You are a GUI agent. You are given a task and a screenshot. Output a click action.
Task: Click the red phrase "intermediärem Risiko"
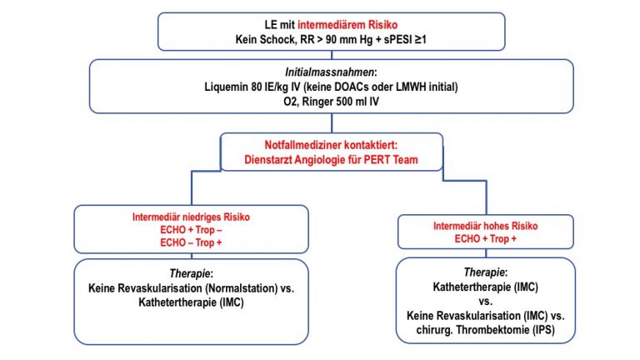coord(347,25)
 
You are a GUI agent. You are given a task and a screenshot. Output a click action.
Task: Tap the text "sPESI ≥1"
coord(405,40)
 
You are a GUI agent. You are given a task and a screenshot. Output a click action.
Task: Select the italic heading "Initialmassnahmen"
coord(329,72)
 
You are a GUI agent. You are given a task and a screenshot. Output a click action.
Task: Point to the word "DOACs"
coord(353,87)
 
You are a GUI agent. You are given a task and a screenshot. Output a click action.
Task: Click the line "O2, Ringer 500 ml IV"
coord(331,102)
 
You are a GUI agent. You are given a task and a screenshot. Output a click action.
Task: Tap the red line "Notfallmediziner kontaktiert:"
coord(331,145)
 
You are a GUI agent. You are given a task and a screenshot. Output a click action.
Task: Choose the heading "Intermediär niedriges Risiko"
coord(191,217)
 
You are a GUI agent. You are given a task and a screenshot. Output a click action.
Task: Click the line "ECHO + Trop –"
coord(191,230)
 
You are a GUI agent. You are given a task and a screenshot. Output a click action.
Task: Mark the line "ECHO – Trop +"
coord(191,242)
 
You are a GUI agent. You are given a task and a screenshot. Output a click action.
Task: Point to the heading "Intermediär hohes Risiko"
coord(485,226)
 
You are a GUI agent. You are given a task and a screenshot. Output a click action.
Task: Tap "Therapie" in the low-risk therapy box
coord(190,273)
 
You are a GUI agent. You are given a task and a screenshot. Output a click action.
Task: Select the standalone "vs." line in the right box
coord(485,302)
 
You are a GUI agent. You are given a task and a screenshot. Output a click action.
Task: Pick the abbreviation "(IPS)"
coord(544,330)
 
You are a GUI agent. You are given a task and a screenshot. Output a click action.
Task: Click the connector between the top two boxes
coord(332,55)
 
